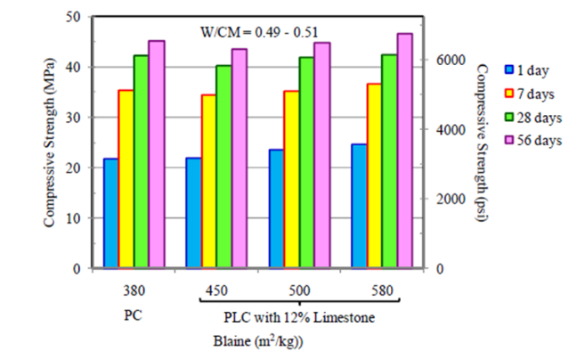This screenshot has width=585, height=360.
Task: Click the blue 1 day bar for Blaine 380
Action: [x=110, y=213]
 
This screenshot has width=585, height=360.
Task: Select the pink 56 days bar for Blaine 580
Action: [x=404, y=151]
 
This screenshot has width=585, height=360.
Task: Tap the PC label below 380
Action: [x=134, y=315]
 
